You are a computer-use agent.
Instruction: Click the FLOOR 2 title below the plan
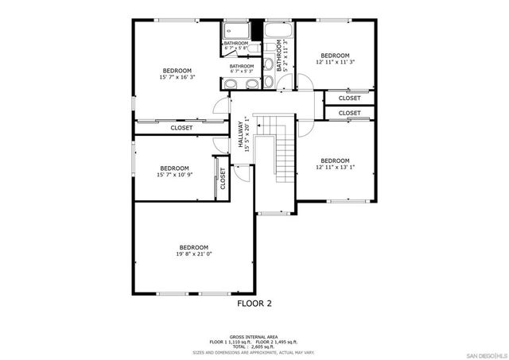[254, 303]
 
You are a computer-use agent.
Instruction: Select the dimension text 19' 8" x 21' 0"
[193, 254]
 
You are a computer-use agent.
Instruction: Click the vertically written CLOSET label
[223, 176]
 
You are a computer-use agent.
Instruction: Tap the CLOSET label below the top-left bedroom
[181, 127]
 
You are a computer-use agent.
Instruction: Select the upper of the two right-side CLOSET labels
[349, 98]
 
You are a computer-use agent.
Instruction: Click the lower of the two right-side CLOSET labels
[349, 114]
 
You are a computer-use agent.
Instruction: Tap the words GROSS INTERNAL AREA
[254, 336]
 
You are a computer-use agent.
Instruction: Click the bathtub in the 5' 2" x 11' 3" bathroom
[278, 33]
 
